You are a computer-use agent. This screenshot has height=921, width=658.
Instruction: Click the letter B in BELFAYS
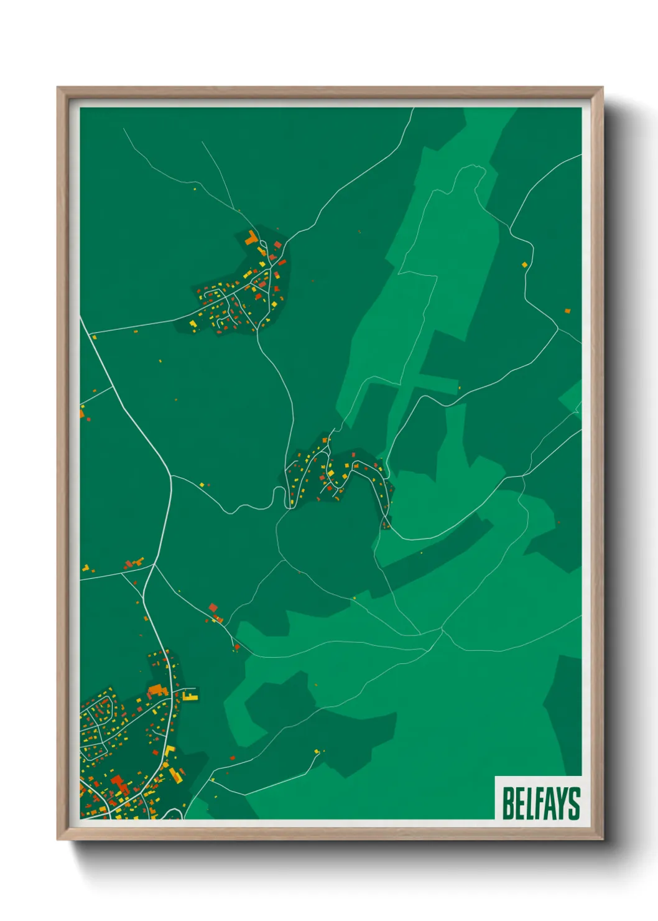(508, 803)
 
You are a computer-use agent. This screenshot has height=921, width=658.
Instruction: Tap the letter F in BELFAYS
(534, 803)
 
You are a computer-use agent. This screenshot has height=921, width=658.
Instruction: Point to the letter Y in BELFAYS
(561, 803)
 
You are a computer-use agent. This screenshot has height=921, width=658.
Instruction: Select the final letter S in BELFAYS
(574, 803)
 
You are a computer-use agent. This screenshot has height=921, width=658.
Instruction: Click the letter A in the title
(547, 803)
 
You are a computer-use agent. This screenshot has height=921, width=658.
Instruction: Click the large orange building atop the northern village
(251, 238)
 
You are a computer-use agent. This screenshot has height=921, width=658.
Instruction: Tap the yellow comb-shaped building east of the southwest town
(190, 694)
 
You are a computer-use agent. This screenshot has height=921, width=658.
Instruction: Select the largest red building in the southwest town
(118, 782)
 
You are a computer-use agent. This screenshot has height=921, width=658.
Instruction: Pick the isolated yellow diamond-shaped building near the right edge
(524, 264)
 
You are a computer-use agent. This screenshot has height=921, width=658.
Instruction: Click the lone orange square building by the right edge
(567, 311)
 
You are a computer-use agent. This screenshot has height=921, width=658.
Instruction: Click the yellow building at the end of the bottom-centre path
(317, 752)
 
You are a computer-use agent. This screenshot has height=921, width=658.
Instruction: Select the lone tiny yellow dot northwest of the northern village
(195, 189)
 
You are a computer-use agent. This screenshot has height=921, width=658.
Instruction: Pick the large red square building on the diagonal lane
(213, 607)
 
